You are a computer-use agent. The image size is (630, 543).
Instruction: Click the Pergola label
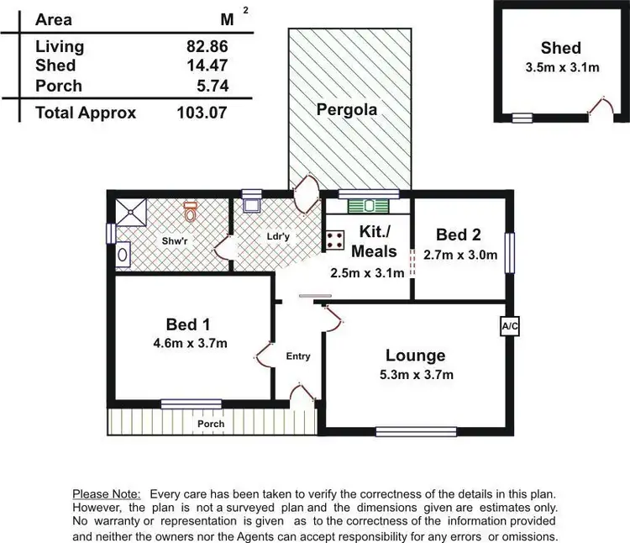pyautogui.click(x=346, y=109)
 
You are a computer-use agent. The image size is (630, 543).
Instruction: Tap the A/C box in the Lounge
pyautogui.click(x=509, y=325)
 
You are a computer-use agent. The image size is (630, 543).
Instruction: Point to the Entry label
pyautogui.click(x=298, y=356)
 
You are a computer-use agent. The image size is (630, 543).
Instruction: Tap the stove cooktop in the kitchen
pyautogui.click(x=336, y=240)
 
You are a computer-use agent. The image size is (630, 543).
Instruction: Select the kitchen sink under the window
pyautogui.click(x=368, y=204)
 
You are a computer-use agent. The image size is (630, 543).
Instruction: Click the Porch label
pyautogui.click(x=211, y=424)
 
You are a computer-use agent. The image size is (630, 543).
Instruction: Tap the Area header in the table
pyautogui.click(x=54, y=19)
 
